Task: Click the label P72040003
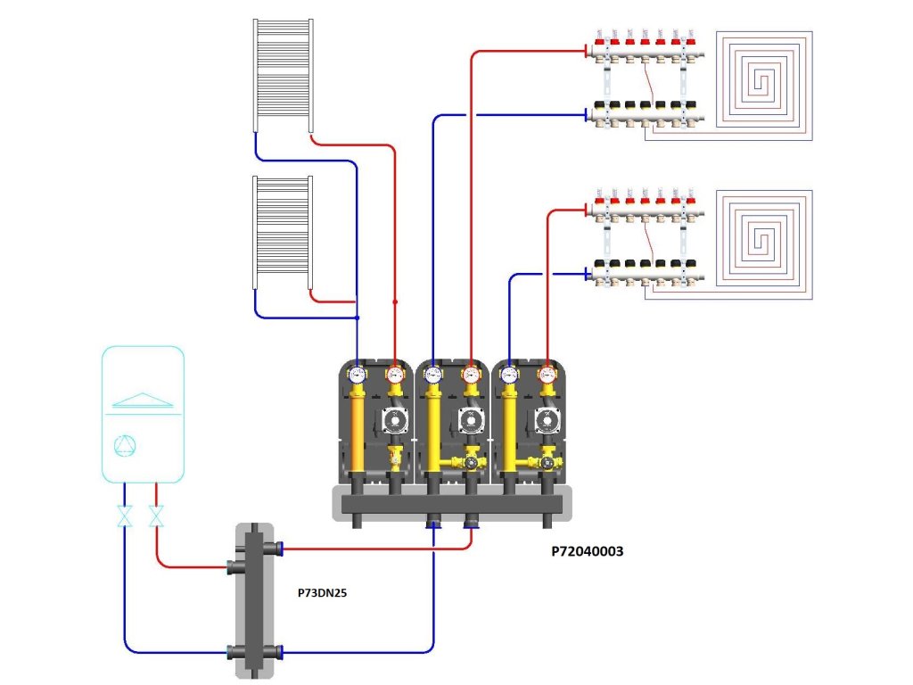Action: coord(587,552)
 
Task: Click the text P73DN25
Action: coord(323,591)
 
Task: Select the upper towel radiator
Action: coord(282,76)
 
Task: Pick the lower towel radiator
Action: coord(282,233)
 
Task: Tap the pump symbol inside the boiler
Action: coord(127,446)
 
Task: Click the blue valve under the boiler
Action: coord(125,516)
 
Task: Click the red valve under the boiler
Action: coord(157,516)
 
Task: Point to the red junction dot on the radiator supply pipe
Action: coord(395,302)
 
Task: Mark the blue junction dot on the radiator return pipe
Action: coord(357,318)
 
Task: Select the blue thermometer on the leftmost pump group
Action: coord(358,375)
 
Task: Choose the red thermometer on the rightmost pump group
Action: coord(547,375)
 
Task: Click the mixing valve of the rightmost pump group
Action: coord(546,463)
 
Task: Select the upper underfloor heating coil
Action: coord(766,80)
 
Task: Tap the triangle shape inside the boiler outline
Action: coord(143,399)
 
